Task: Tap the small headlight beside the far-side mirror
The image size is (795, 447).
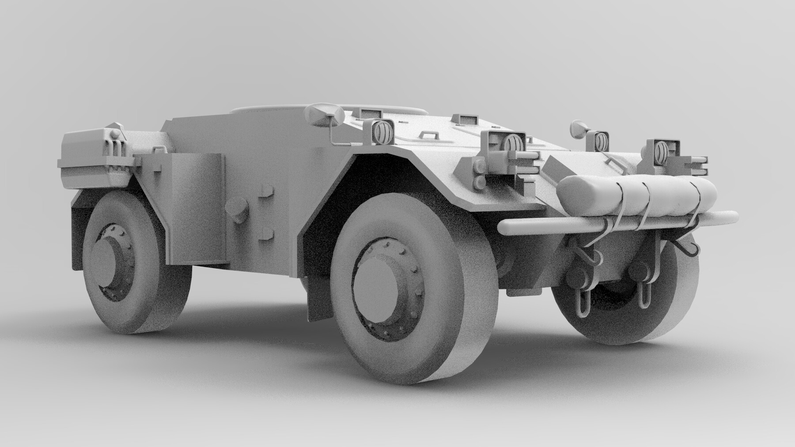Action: [601, 141]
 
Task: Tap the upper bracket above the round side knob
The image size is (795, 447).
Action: [266, 191]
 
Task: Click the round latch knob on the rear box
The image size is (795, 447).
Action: [114, 133]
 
